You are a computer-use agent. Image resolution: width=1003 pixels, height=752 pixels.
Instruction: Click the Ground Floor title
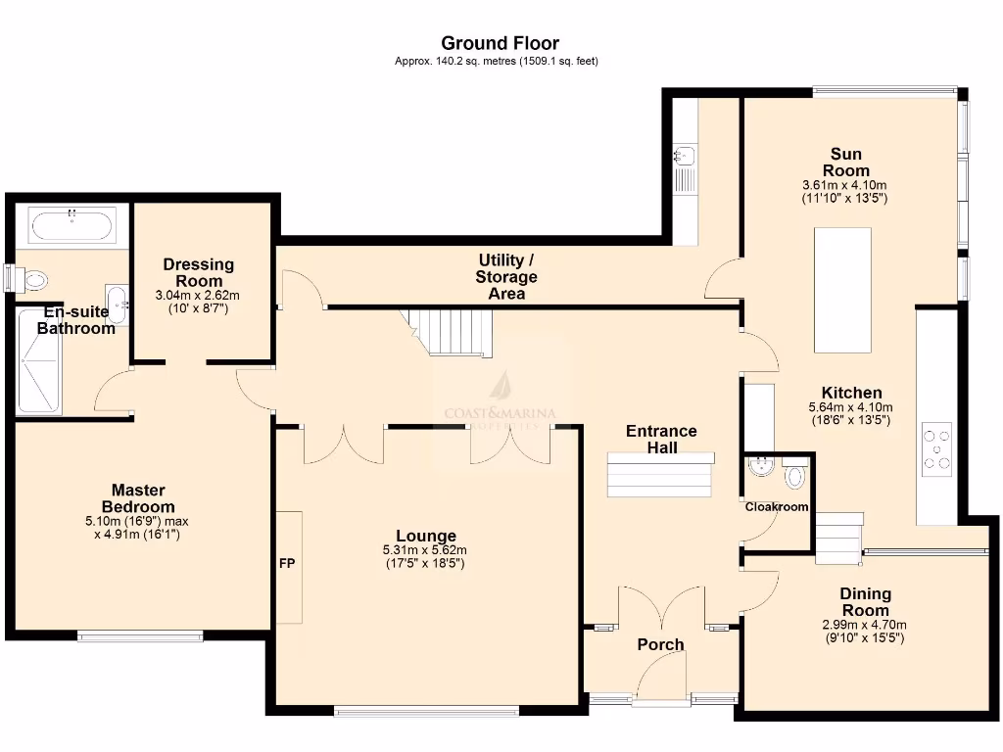click(x=500, y=43)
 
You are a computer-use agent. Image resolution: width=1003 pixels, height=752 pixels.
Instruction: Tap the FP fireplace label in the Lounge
click(x=287, y=564)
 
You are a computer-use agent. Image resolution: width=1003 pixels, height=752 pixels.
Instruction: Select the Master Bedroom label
click(x=138, y=497)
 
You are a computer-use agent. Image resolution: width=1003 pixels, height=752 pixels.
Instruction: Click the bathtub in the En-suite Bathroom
click(x=73, y=225)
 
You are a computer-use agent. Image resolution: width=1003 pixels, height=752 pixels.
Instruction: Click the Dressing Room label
click(x=198, y=272)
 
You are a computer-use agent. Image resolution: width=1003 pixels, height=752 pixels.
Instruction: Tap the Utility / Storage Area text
click(x=506, y=276)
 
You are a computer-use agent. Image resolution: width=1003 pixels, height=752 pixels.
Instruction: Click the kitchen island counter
click(x=842, y=290)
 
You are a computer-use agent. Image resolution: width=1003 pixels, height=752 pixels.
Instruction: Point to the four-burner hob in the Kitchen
click(x=936, y=449)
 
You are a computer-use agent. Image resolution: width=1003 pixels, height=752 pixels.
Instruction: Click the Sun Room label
click(x=845, y=162)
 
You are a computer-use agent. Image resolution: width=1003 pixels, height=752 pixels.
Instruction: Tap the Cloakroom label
click(x=777, y=507)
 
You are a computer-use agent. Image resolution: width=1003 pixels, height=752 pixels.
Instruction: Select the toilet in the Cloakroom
click(x=794, y=476)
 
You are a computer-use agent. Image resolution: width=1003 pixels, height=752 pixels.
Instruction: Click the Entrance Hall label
click(x=661, y=439)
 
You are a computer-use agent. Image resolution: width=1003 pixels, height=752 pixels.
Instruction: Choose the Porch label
click(x=660, y=644)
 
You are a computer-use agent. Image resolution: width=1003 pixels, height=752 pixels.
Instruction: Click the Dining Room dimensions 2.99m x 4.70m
click(x=865, y=625)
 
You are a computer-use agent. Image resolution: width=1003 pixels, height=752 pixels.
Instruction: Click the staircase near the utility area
click(x=452, y=332)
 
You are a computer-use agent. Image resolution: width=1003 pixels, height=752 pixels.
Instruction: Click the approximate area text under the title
click(x=496, y=61)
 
